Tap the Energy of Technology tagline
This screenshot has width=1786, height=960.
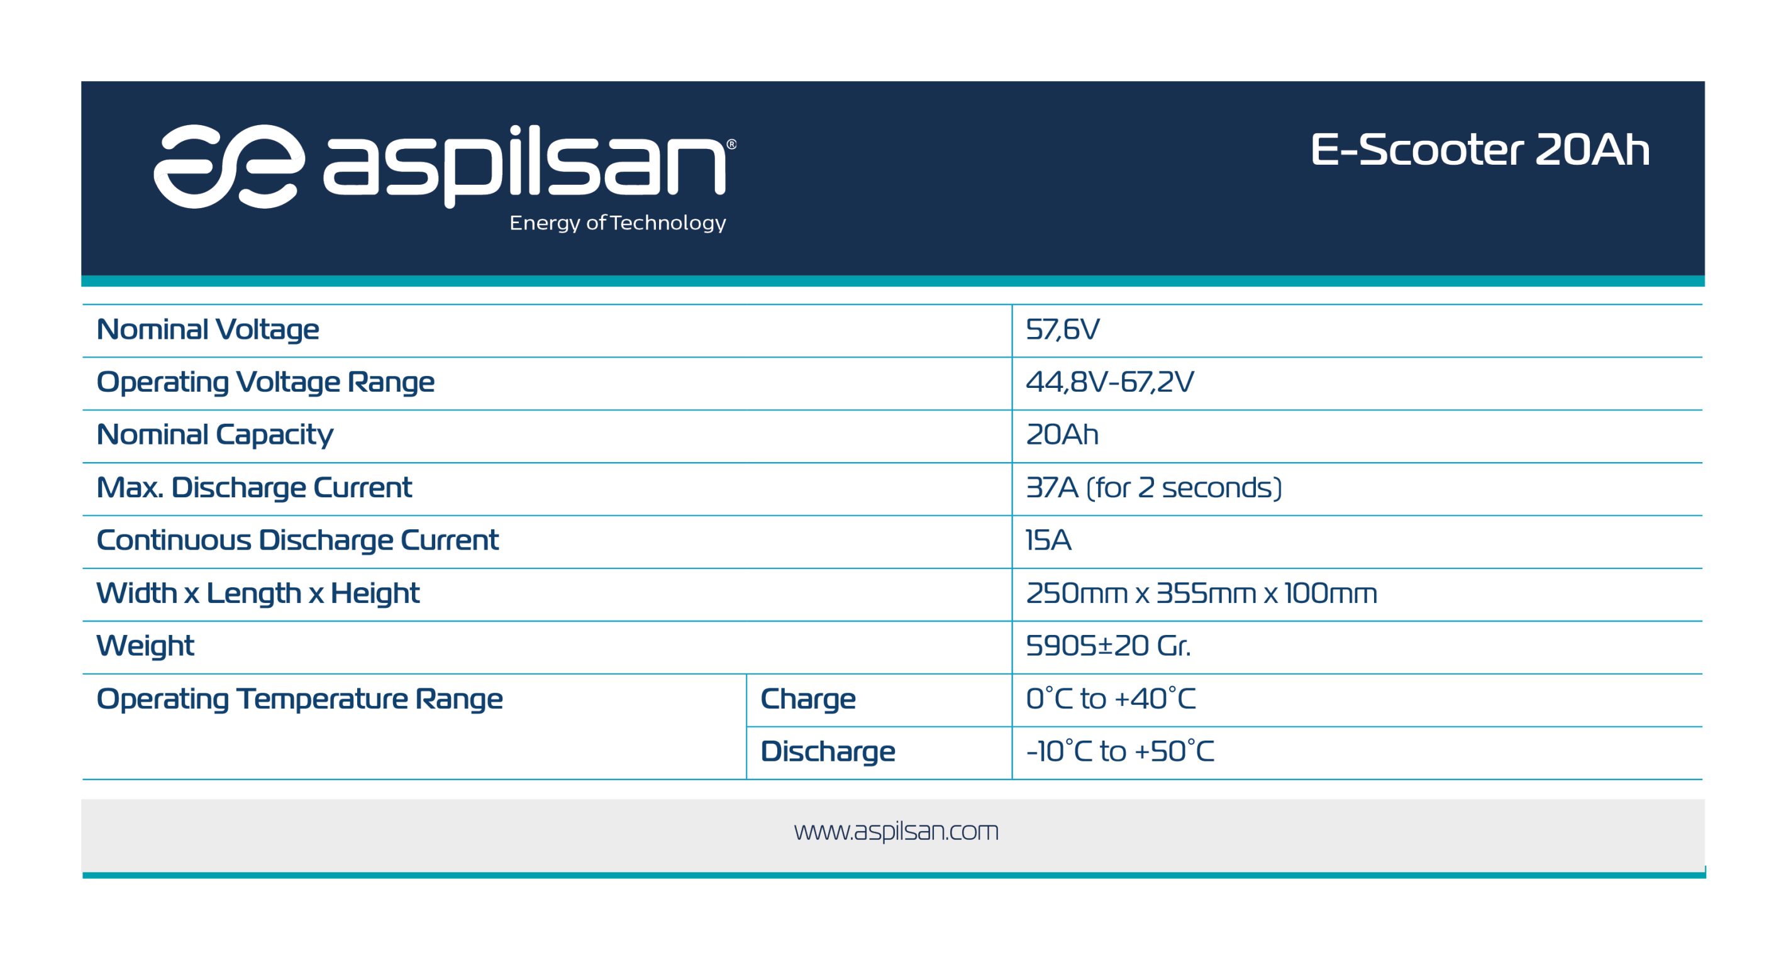coord(618,223)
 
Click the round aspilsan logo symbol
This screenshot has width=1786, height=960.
coord(229,167)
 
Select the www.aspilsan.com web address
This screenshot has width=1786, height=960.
coord(896,830)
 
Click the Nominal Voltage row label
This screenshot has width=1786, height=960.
coord(208,329)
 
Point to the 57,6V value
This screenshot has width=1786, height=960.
coord(1062,329)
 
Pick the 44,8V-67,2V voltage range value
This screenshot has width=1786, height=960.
coord(1109,382)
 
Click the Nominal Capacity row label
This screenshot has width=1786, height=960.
coord(215,435)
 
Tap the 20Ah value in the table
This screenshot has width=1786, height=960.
coord(1062,434)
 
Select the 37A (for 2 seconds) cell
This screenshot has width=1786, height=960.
coord(1154,487)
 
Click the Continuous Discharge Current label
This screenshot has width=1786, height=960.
coord(297,540)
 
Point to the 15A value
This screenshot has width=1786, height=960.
coord(1048,540)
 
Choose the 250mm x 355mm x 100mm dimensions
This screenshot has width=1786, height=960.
coord(1202,593)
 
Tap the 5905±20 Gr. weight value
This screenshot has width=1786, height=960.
coord(1108,645)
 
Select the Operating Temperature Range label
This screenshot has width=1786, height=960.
coord(299,698)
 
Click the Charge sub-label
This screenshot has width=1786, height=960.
coord(807,698)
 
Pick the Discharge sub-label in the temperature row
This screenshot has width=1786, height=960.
coord(828,751)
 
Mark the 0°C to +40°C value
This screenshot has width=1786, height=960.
coord(1111,698)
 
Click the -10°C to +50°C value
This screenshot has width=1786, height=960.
coord(1120,751)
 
